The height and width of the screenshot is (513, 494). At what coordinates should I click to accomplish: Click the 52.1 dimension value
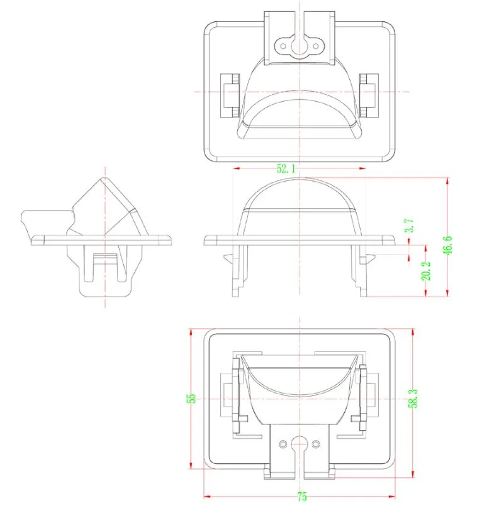click(x=286, y=169)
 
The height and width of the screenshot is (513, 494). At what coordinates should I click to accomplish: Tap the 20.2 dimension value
click(x=426, y=271)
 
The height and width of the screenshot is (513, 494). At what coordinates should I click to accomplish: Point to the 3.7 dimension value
click(x=410, y=226)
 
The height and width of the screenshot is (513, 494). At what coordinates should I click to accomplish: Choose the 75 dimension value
click(x=302, y=497)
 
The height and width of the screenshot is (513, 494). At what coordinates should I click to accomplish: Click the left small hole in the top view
click(x=283, y=47)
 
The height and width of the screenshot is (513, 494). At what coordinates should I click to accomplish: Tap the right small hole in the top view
click(x=316, y=47)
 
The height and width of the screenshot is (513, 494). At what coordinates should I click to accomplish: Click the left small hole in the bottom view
click(x=283, y=444)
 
